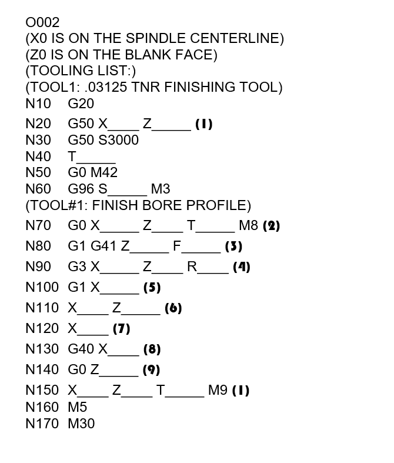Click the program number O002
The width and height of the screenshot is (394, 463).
coord(42,23)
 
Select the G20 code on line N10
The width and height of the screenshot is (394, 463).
coord(81,104)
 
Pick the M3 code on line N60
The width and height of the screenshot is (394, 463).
coord(161,189)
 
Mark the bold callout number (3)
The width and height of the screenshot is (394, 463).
coord(233,247)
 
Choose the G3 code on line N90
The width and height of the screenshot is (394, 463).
coord(77,267)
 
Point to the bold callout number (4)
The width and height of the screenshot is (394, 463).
coord(241,267)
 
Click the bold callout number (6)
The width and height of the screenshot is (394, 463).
coord(173,308)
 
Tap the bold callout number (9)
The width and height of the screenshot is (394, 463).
coord(151,370)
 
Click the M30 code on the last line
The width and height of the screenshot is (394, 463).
coord(81,423)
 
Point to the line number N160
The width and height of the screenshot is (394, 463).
coord(42,407)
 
